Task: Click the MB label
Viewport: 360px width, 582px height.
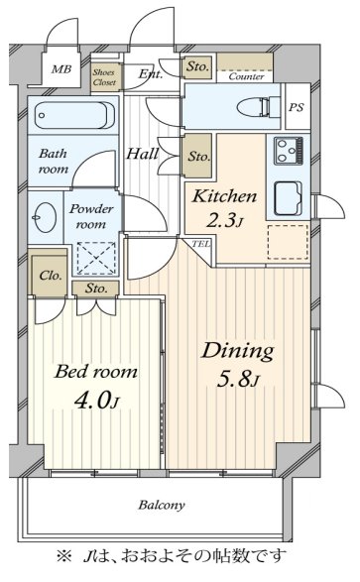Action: click(x=61, y=69)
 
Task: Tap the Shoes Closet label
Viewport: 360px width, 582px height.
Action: click(x=104, y=77)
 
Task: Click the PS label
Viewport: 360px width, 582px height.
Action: click(x=297, y=107)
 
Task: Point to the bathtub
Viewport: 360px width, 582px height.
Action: click(x=73, y=115)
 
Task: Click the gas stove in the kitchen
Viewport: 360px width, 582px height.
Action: click(x=289, y=151)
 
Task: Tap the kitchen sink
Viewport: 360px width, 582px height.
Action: click(x=288, y=199)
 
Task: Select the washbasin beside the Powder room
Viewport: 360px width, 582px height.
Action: click(x=45, y=217)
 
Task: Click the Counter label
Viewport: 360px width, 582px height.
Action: click(x=246, y=76)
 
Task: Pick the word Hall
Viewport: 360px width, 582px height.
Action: click(x=143, y=154)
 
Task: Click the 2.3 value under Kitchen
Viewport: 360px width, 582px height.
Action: click(x=224, y=221)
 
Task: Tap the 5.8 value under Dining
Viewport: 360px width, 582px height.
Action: click(x=238, y=380)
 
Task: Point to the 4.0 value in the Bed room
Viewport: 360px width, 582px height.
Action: click(x=96, y=401)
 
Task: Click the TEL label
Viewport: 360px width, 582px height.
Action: click(x=200, y=244)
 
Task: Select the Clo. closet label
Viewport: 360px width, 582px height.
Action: click(x=51, y=276)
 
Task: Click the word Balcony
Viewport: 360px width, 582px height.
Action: click(x=162, y=505)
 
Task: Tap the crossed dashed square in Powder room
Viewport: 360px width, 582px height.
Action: click(x=96, y=259)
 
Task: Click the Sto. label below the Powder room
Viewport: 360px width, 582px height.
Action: click(x=96, y=289)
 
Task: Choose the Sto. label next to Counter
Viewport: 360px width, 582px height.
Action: click(x=197, y=66)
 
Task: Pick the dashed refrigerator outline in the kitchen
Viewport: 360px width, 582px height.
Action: click(x=288, y=242)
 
